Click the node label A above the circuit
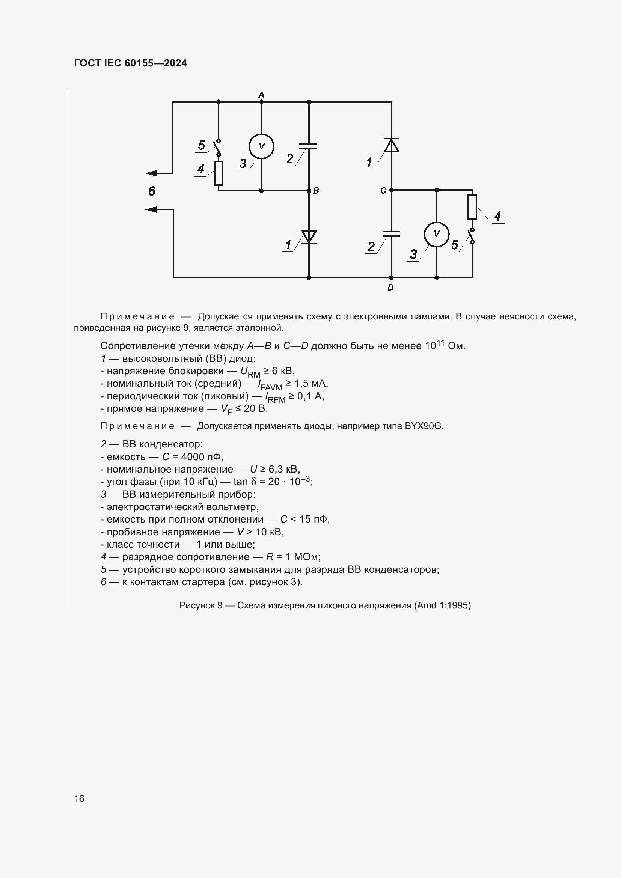click(261, 95)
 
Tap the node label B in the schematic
click(316, 190)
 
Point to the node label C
click(383, 190)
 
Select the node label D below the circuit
click(390, 287)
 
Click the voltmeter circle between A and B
click(262, 146)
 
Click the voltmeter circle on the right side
click(437, 234)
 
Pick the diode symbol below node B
click(309, 237)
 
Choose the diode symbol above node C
click(391, 145)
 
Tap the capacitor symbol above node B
click(309, 146)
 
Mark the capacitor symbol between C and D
click(391, 233)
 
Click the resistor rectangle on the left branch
click(219, 173)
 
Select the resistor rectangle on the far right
click(472, 207)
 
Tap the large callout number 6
click(152, 191)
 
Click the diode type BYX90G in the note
click(424, 426)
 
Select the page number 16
click(79, 798)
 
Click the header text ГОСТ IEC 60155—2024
click(130, 63)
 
